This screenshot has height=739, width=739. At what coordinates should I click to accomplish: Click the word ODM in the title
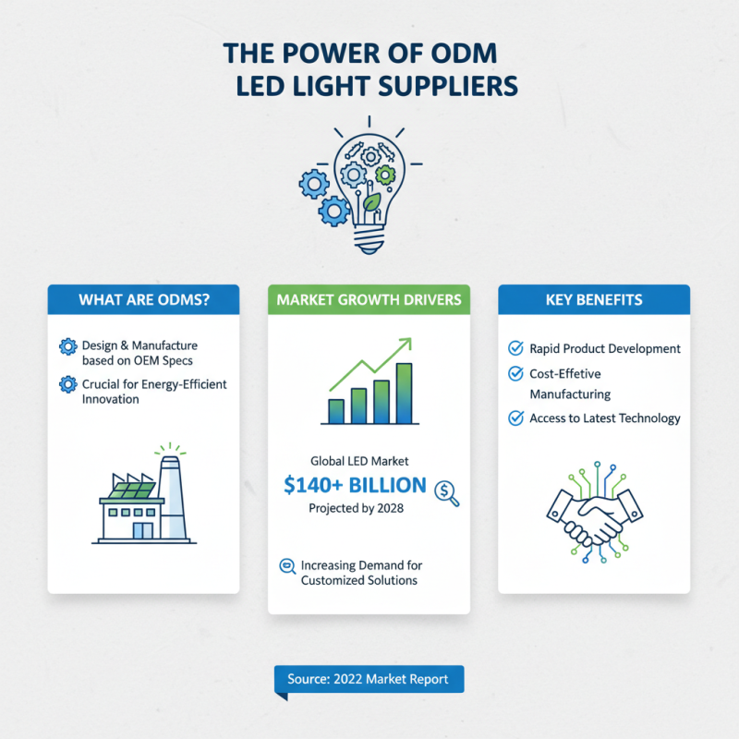(x=464, y=54)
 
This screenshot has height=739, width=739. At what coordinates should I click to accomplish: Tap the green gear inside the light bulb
(x=385, y=176)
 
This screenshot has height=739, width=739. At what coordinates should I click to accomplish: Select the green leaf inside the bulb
(x=371, y=201)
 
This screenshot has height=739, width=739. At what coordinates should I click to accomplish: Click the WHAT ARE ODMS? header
(x=144, y=299)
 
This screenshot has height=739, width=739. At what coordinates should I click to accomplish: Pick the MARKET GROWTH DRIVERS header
(x=369, y=299)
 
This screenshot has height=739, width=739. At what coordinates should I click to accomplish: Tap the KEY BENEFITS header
(x=594, y=299)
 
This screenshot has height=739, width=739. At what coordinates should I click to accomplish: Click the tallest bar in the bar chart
(x=404, y=394)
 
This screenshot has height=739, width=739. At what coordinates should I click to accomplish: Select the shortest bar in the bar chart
(x=336, y=411)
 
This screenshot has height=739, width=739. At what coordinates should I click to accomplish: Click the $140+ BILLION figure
(x=355, y=486)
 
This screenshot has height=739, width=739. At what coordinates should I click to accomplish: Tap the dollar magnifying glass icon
(x=446, y=493)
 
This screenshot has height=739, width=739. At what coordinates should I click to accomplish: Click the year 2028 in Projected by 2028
(x=390, y=508)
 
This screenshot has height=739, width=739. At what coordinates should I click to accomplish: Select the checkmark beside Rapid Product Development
(x=515, y=348)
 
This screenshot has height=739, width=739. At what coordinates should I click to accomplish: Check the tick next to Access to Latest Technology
(x=515, y=418)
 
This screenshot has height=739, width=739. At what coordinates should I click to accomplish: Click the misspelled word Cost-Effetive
(x=565, y=374)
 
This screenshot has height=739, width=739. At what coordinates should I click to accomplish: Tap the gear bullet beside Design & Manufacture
(x=68, y=346)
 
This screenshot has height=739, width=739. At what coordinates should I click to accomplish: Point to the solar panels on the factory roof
(x=132, y=491)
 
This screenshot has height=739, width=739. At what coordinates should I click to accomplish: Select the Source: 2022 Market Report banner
(x=369, y=679)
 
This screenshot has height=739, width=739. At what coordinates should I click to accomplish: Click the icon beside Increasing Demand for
(x=287, y=565)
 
